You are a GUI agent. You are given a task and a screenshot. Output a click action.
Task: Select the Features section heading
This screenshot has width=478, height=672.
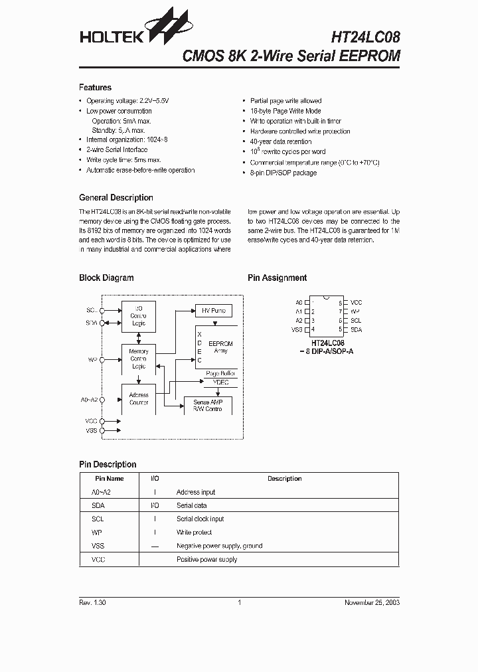[95, 88]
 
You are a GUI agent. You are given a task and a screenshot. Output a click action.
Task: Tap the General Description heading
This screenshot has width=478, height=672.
[116, 198]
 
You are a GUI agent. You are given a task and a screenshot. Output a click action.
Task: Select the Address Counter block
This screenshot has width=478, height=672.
[139, 399]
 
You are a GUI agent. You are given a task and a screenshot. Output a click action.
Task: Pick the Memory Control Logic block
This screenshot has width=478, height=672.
[139, 359]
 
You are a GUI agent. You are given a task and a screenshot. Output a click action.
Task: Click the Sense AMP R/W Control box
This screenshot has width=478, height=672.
[207, 406]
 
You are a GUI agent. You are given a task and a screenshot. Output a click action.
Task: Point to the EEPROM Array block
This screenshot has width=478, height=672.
[220, 347]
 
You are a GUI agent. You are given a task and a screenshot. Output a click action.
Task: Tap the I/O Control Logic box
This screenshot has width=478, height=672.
[139, 316]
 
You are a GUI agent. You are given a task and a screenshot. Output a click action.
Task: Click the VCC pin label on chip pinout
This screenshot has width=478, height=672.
[356, 302]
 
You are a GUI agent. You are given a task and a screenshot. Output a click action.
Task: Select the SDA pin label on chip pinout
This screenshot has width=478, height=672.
[356, 329]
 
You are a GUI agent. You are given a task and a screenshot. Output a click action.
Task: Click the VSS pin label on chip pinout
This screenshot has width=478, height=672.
[297, 329]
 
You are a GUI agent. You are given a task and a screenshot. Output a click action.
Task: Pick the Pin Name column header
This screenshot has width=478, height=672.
[109, 478]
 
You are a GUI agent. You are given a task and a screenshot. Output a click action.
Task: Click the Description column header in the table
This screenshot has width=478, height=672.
[284, 478]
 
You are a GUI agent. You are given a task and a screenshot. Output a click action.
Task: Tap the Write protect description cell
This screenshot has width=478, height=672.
[194, 533]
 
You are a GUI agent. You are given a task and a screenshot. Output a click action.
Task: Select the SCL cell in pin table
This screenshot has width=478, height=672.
[98, 519]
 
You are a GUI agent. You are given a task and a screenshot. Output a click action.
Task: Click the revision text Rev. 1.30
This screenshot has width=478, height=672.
[92, 603]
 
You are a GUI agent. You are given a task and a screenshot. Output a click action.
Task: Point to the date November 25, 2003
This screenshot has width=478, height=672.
[372, 603]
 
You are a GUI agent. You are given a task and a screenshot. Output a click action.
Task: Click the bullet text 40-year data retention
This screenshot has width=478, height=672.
[280, 141]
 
